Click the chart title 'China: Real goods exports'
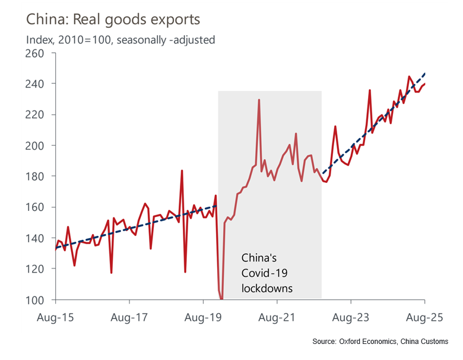click(113, 19)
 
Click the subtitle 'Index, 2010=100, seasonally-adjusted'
click(120, 40)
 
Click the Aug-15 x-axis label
click(55, 318)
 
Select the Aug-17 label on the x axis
click(129, 318)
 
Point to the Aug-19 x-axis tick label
click(203, 318)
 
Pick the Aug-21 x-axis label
click(277, 318)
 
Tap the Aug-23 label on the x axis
click(351, 318)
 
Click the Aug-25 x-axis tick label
click(424, 318)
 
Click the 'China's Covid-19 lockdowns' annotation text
click(267, 273)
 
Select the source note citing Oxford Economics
click(380, 342)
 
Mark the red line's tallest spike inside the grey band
click(259, 100)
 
